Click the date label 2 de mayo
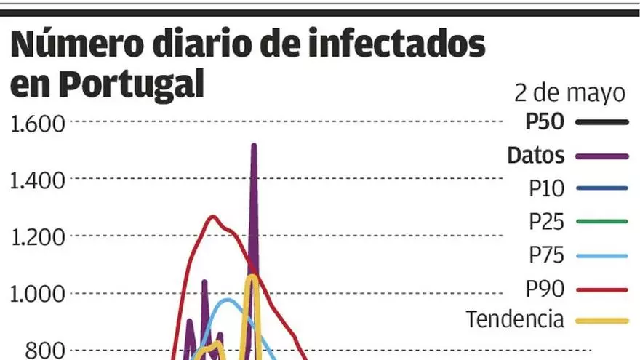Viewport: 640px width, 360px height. point(569,93)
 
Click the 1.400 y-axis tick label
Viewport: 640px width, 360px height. point(38,180)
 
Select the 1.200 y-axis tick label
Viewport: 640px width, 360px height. point(38,236)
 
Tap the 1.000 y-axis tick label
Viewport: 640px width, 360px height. point(38,293)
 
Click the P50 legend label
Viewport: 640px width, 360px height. point(545,122)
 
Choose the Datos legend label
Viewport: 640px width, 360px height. point(536,155)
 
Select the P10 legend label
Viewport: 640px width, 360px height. point(547,188)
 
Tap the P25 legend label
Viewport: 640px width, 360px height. point(547,221)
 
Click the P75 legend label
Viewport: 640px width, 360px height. point(547,255)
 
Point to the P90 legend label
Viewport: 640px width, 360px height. point(547,289)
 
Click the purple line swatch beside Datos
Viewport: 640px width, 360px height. point(601,156)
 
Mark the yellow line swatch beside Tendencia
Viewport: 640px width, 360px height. point(601,320)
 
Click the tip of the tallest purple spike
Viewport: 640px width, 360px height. point(254,145)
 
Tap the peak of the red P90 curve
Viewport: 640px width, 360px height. point(212,216)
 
